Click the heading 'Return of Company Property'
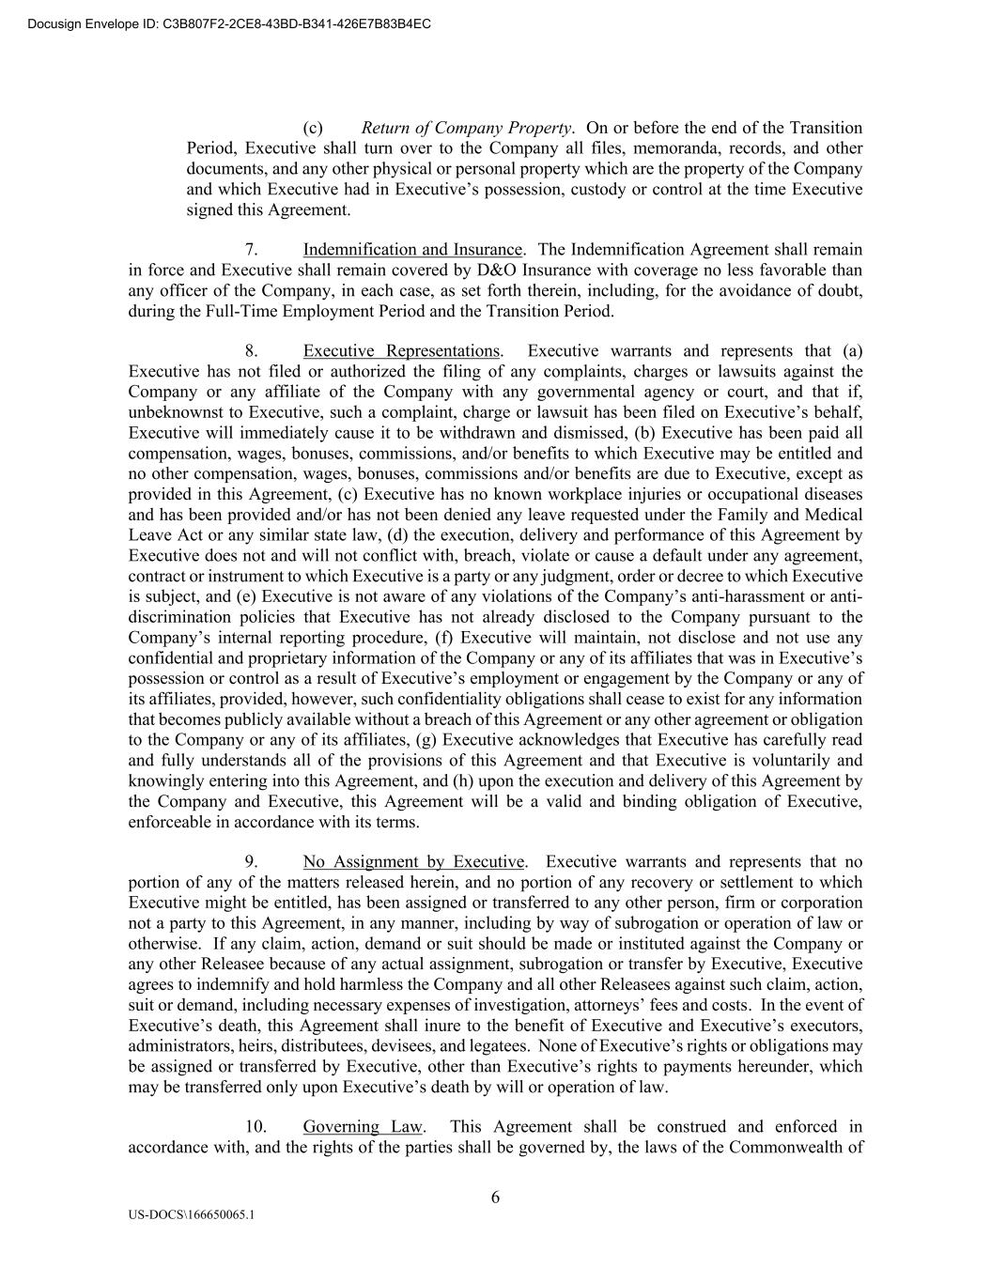467,128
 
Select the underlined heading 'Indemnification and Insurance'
412,250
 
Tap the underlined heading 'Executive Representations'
401,351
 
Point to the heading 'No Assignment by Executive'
413,862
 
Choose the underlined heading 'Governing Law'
363,1127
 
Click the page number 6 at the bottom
495,1197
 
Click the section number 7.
252,250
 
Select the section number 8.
252,351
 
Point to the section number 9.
252,862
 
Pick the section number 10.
255,1127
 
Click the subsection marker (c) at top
313,128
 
